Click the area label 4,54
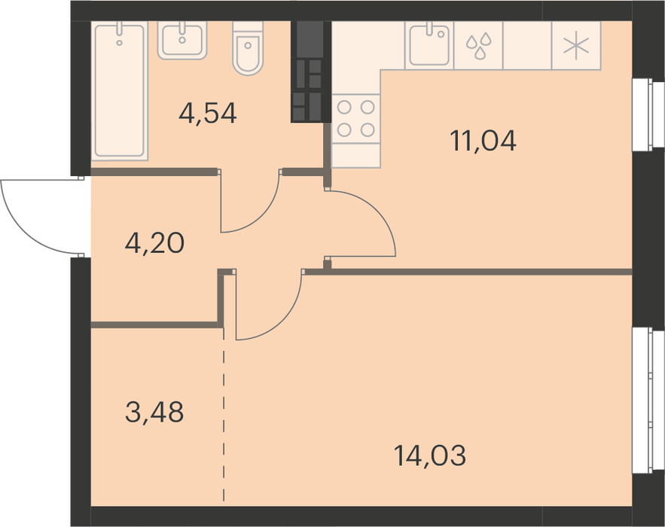point(207,114)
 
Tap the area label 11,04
point(483,142)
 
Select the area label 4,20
point(155,243)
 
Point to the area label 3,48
point(154,413)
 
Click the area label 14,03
point(430,455)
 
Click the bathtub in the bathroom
point(120,91)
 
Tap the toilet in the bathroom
point(248,48)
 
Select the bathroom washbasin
point(182,40)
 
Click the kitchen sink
point(429,45)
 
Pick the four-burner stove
point(355,119)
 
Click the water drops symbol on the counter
point(479,46)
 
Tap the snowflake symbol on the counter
point(576,46)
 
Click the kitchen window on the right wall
point(648,114)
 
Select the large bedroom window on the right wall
point(648,400)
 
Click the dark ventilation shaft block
point(311,72)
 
